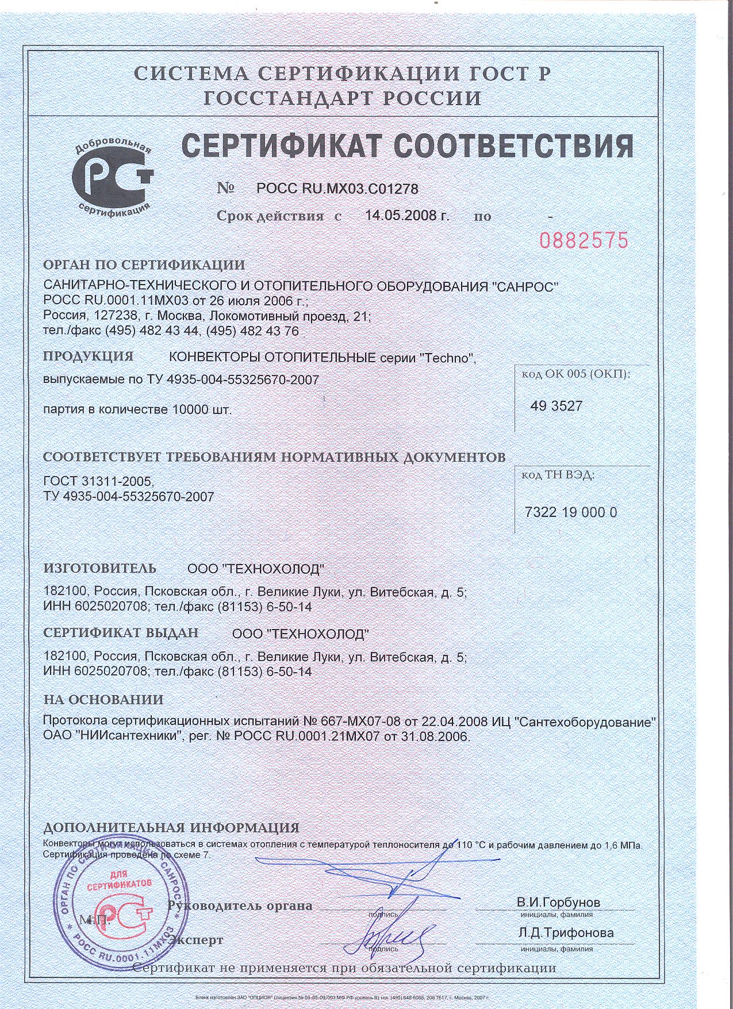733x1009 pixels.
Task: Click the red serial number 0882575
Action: (x=584, y=240)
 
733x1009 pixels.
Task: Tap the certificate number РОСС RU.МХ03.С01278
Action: (x=337, y=189)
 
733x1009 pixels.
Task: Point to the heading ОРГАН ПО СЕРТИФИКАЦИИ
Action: (x=144, y=265)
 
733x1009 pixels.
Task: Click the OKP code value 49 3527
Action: (x=557, y=406)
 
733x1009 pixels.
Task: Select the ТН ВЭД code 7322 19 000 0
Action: (x=571, y=512)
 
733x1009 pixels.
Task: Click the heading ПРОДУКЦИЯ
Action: (x=89, y=356)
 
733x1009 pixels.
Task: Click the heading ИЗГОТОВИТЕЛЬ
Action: (x=99, y=568)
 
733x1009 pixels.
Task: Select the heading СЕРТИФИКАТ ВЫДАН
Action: (x=121, y=632)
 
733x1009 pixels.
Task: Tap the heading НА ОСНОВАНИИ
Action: (x=103, y=700)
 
